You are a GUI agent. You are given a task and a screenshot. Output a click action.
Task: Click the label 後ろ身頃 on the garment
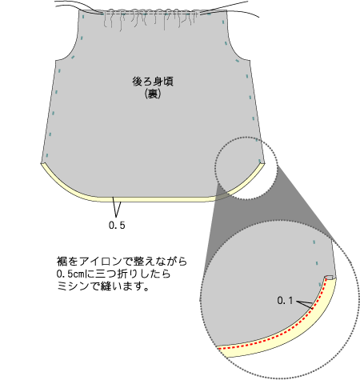153,82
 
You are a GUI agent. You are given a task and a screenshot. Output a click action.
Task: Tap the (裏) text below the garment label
153,94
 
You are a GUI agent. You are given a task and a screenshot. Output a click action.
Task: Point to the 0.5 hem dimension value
117,226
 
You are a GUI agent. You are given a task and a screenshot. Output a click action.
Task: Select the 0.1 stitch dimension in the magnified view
285,301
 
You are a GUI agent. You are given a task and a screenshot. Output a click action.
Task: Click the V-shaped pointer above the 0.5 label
116,206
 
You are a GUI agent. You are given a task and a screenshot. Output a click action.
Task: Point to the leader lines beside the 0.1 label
305,305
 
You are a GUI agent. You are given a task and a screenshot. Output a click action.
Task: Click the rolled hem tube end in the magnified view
330,278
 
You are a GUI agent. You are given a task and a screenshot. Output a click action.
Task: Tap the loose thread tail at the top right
230,10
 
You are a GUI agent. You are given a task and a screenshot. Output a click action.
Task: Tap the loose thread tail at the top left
78,6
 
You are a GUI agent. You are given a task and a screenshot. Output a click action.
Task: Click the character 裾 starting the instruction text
62,261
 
